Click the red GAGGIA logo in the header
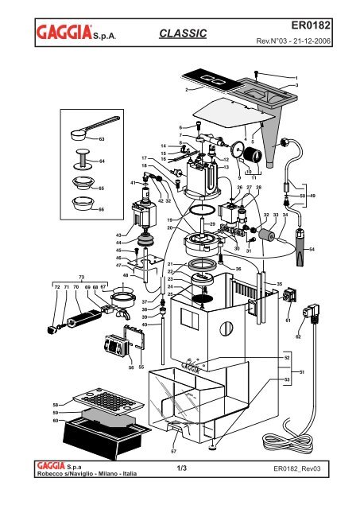(x=64, y=32)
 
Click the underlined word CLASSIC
(x=183, y=33)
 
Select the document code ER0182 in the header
(x=311, y=25)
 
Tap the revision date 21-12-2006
(x=312, y=41)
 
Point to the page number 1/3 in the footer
(x=182, y=468)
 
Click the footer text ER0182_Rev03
(x=297, y=468)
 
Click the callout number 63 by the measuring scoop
(x=102, y=139)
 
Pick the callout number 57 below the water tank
(x=173, y=451)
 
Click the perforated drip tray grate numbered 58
(x=109, y=402)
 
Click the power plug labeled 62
(x=312, y=313)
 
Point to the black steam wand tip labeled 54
(x=301, y=247)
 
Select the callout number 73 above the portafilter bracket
(x=81, y=277)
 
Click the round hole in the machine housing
(x=226, y=328)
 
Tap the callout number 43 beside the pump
(x=118, y=235)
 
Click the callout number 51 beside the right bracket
(x=302, y=372)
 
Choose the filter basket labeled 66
(x=83, y=204)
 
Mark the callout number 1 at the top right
(x=296, y=78)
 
